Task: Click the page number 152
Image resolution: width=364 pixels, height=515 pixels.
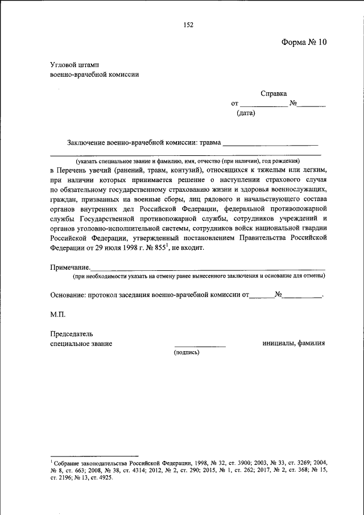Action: coord(189,24)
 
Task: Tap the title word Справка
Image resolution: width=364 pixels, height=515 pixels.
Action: coord(274,93)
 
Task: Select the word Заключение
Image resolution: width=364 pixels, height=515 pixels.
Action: coord(86,142)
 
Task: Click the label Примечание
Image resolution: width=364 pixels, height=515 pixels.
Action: coord(70,267)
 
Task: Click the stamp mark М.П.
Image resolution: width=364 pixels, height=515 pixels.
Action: coord(58,314)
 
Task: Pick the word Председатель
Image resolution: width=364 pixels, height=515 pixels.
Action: coord(72,333)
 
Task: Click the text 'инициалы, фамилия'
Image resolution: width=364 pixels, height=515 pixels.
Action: coord(293,343)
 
